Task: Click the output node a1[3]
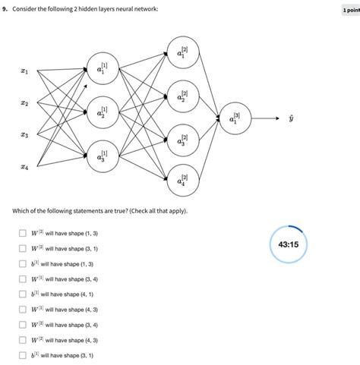pos(234,118)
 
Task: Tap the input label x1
pos(24,72)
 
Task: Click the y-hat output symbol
pos(290,118)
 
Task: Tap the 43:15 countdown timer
pos(288,244)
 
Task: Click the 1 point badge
pos(350,11)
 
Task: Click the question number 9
pos(5,11)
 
